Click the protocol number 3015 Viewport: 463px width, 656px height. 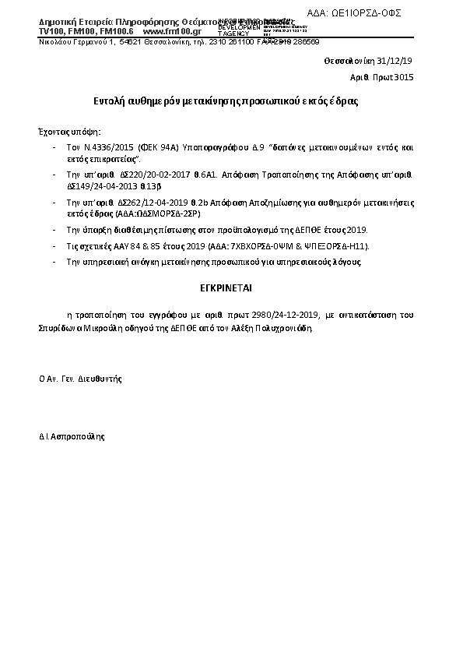pos(404,77)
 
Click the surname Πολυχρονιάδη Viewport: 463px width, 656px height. pos(282,328)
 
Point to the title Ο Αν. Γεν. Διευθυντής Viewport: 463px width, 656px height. pos(80,378)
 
